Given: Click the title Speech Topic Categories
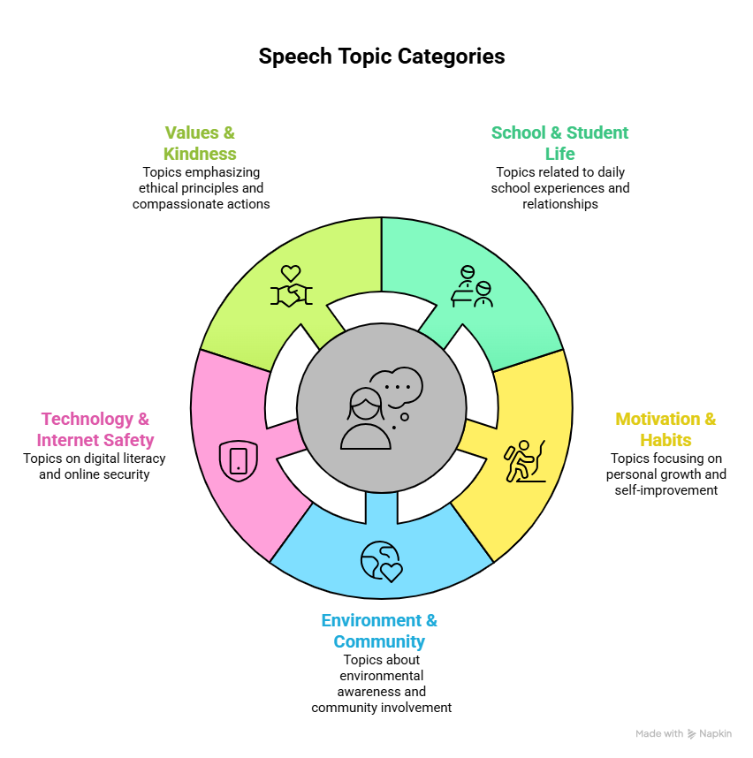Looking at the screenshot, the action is point(382,57).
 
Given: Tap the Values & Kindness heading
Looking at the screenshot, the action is point(200,143).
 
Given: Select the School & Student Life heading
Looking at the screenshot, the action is point(560,143).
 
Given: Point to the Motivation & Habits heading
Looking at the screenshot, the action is point(666,429).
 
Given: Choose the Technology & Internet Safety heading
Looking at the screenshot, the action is point(95,429).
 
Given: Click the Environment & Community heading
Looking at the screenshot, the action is point(380,631).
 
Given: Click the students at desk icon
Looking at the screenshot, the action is point(472,286).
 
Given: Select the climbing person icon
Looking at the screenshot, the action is point(525,461).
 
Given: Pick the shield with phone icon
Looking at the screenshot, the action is point(239,460).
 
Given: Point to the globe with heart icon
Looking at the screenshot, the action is point(382,561).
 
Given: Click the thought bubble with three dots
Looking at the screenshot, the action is point(396,387).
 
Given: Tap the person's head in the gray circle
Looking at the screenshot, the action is point(366,404).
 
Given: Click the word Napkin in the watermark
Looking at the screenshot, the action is point(715,734).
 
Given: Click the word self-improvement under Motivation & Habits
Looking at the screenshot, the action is point(666,490).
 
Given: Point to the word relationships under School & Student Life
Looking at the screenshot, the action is point(560,204).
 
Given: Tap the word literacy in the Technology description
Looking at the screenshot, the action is point(145,459).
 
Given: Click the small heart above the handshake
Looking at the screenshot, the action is point(291,273).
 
